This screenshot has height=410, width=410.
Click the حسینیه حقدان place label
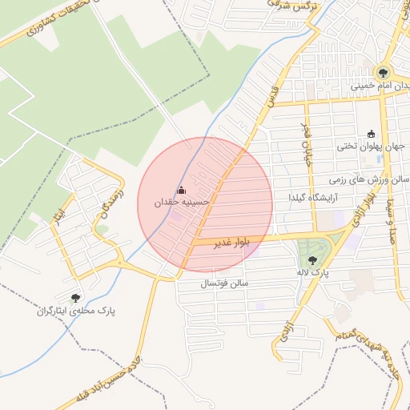[183, 203]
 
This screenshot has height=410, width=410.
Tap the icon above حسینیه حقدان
[180, 190]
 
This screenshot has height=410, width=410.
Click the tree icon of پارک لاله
[312, 259]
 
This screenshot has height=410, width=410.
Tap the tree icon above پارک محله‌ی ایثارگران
[75, 298]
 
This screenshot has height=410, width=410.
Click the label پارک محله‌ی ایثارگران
[76, 312]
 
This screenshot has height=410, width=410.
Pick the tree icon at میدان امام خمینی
[383, 71]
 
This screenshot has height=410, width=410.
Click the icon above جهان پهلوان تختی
[371, 134]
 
